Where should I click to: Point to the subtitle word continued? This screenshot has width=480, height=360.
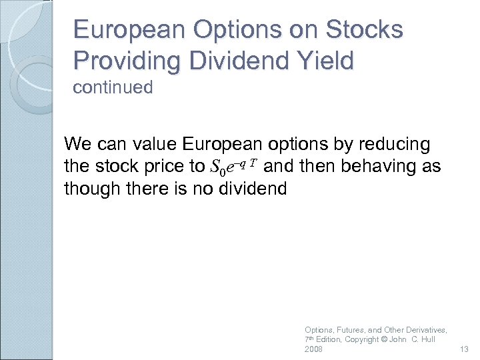113,87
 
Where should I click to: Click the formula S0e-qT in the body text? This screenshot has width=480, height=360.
234,167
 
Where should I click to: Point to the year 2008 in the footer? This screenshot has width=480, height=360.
313,350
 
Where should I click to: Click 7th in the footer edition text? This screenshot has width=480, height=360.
309,340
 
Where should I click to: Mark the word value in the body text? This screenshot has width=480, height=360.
150,144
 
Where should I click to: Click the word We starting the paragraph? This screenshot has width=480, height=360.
75,144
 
